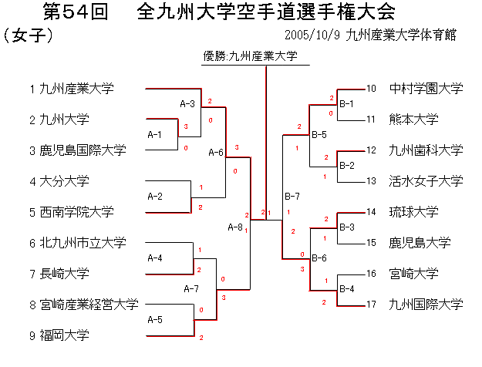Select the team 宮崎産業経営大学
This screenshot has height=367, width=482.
[88, 305]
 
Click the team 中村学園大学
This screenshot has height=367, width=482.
[426, 89]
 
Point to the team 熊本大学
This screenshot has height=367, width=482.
[414, 120]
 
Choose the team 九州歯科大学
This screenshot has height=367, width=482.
[426, 150]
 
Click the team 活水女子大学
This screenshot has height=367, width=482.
[426, 181]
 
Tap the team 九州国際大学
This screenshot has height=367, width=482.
[426, 305]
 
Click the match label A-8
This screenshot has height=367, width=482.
[235, 227]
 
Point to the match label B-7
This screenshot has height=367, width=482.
[292, 196]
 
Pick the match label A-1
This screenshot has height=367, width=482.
[154, 134]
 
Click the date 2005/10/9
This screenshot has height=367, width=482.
[312, 35]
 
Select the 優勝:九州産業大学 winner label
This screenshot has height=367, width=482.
[251, 56]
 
